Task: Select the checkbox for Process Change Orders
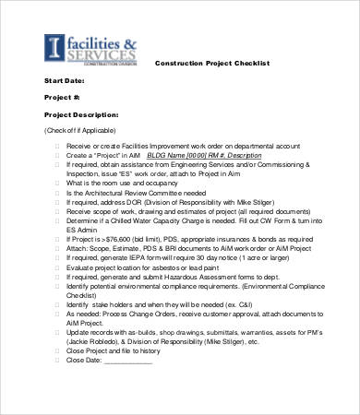(57, 324)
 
